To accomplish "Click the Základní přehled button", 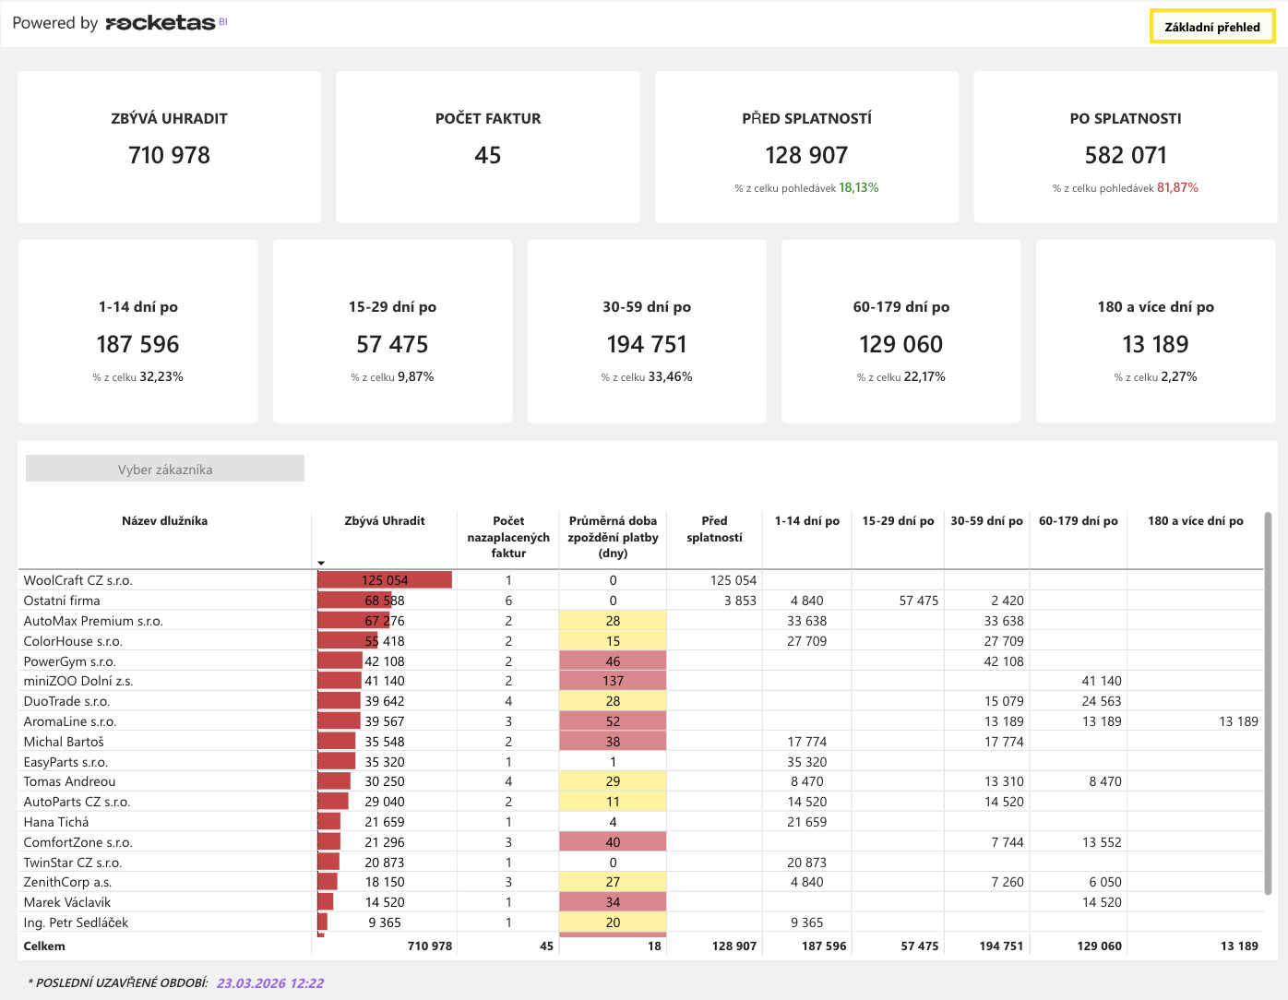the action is point(1212,27).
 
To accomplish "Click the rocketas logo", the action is point(160,23).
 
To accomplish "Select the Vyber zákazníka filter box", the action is point(165,469).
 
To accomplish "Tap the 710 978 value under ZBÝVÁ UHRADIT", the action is point(169,155).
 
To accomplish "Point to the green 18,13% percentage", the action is point(858,188).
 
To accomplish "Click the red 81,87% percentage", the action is point(1177,188).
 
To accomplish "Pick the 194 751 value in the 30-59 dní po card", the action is point(647,344).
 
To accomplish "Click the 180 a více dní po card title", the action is point(1155,307).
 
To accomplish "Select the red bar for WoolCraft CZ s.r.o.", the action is point(385,580).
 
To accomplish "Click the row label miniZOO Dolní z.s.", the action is point(78,681).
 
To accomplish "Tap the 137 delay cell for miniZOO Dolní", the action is point(613,681).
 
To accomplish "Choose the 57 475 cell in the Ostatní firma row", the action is point(918,601).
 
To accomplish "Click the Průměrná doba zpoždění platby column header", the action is point(613,537).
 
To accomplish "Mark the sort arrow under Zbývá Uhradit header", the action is point(321,563).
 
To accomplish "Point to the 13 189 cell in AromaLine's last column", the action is point(1238,721).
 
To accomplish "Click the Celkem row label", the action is point(44,946).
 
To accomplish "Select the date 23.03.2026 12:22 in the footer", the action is point(270,983).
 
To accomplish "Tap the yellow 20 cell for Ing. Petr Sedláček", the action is point(613,923).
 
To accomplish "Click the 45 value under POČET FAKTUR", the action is point(488,155).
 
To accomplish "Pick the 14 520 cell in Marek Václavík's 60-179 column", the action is point(1102,902).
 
